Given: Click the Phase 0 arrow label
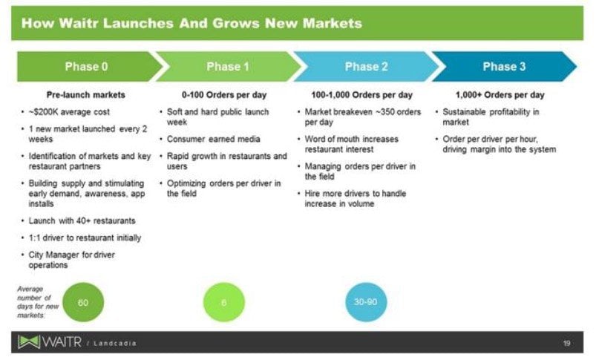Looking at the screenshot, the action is click(x=86, y=67).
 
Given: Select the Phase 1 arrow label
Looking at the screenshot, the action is click(x=228, y=67).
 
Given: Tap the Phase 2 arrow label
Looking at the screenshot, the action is click(x=367, y=67).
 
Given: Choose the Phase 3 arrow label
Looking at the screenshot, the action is click(x=504, y=67).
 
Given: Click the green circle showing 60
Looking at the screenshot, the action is click(x=83, y=302).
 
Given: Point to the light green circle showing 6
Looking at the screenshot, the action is click(x=224, y=302).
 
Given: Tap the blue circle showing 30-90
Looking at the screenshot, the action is click(x=366, y=302).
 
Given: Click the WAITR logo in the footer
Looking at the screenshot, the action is click(x=50, y=341).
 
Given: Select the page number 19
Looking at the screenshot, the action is click(x=566, y=343).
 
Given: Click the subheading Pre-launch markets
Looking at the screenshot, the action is click(x=85, y=95).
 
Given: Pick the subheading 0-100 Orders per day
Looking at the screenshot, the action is click(x=224, y=95).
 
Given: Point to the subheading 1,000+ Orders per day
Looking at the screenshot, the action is click(x=500, y=95).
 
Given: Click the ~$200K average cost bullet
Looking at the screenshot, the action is click(x=69, y=112).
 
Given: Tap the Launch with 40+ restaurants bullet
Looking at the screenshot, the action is click(x=82, y=220).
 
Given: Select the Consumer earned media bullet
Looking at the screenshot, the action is click(x=213, y=139).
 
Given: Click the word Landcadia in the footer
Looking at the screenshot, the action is click(x=114, y=343).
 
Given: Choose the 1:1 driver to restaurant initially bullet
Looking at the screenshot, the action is click(x=85, y=238).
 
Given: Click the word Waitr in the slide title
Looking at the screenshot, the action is click(x=79, y=23).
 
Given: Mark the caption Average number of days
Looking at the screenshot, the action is click(x=38, y=302).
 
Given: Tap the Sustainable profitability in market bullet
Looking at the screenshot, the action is click(x=491, y=117).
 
